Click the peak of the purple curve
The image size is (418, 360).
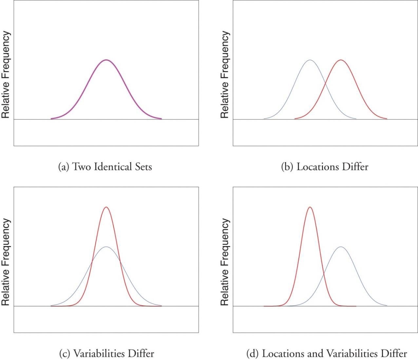pos(106,60)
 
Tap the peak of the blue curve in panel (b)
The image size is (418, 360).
pos(310,60)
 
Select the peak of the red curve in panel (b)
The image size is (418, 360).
pos(341,60)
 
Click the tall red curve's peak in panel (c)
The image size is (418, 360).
pos(106,207)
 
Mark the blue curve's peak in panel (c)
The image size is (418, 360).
pos(106,247)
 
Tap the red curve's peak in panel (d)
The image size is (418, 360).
pos(310,207)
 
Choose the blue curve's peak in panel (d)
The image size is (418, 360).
pos(341,247)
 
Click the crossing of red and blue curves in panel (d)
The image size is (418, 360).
pos(324,271)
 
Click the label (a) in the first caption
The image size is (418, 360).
pos(64,167)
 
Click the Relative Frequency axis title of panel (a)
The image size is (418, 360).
pos(6,75)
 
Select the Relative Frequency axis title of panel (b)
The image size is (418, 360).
pos(225,75)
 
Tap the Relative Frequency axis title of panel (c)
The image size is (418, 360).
pos(6,262)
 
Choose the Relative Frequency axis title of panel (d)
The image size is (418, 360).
pos(225,262)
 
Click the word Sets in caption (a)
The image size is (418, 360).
pos(143,167)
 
